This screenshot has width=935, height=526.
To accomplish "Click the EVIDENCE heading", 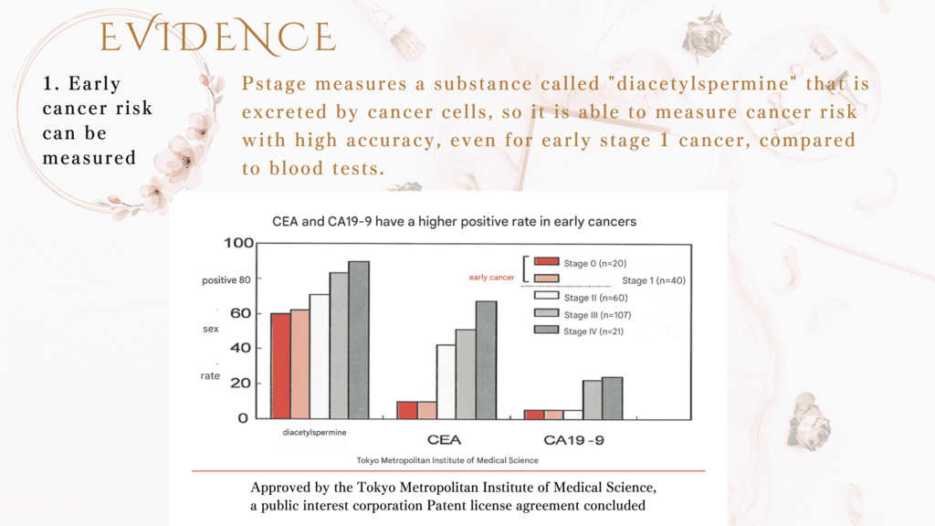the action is pyautogui.click(x=217, y=36).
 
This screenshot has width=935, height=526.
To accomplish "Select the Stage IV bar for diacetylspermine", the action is pyautogui.click(x=359, y=340).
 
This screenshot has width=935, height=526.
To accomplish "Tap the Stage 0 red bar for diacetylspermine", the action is pyautogui.click(x=281, y=366).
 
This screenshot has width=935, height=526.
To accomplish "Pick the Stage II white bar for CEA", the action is pyautogui.click(x=446, y=382).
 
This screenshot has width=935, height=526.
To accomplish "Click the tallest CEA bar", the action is pyautogui.click(x=486, y=360).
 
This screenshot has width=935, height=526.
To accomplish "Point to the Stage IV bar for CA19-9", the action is pyautogui.click(x=613, y=398).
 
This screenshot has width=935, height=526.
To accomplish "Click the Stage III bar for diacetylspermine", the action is pyautogui.click(x=340, y=345).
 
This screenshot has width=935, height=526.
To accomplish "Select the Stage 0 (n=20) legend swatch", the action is pyautogui.click(x=546, y=261).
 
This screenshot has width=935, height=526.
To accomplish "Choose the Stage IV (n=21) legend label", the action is pyautogui.click(x=594, y=331).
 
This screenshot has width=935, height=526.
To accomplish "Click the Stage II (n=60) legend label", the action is pyautogui.click(x=595, y=298).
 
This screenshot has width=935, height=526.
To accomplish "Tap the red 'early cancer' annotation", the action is pyautogui.click(x=491, y=278).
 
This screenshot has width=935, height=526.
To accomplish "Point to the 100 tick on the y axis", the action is pyautogui.click(x=238, y=243).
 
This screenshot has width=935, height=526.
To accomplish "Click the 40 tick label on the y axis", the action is pyautogui.click(x=240, y=348).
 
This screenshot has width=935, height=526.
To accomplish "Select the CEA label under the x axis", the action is pyautogui.click(x=445, y=440).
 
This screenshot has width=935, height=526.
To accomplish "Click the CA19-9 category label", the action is pyautogui.click(x=573, y=440).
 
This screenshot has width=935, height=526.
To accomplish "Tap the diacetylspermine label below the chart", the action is pyautogui.click(x=314, y=432).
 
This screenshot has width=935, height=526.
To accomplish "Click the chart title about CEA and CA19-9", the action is pyautogui.click(x=455, y=222).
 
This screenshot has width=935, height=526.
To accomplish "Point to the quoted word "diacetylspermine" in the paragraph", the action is pyautogui.click(x=702, y=83).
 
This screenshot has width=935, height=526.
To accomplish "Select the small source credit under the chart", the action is pyautogui.click(x=447, y=460).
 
